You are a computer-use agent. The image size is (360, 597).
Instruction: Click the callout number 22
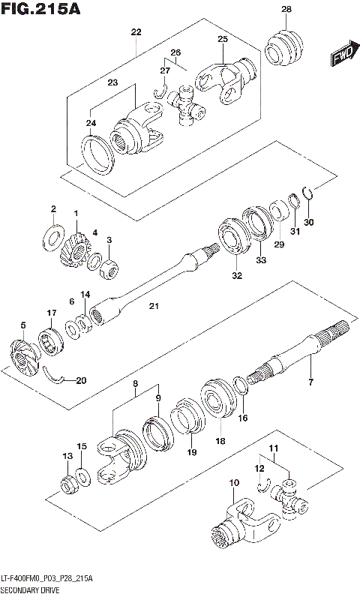(x=136, y=32)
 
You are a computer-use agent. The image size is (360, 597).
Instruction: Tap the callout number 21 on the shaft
(x=154, y=306)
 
